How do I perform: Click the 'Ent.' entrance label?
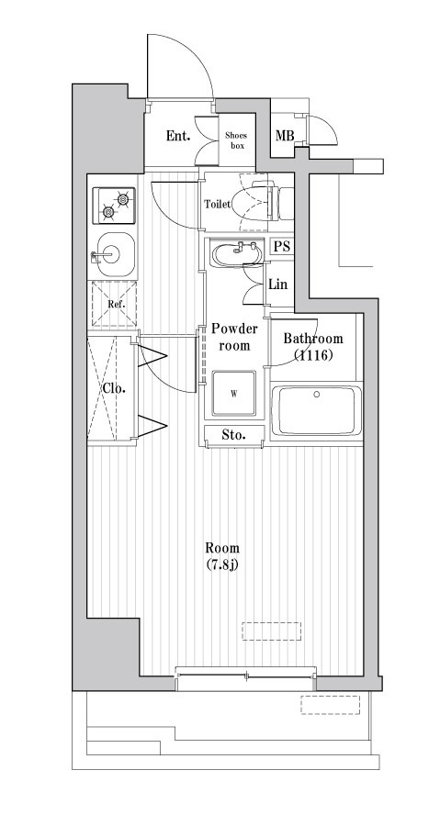178,137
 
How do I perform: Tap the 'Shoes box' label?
237,140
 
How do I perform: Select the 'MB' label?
286,138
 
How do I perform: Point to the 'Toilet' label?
218,204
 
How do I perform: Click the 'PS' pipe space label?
281,246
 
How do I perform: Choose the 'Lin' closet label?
278,285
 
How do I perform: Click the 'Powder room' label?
234,337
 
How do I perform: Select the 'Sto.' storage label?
233,433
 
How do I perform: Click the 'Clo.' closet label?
114,387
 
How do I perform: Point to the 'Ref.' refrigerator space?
115,304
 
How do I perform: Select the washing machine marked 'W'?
233,395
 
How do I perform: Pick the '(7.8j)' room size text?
223,564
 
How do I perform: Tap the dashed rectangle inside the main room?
271,631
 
